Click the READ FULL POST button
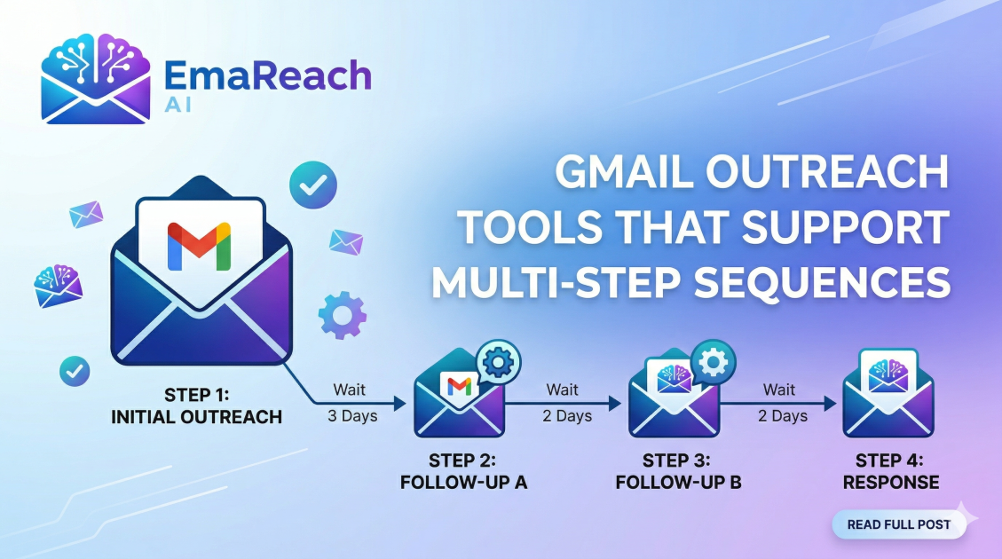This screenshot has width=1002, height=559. [898, 524]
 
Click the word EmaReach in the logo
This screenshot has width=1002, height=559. [266, 76]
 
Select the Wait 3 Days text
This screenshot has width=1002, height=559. [352, 402]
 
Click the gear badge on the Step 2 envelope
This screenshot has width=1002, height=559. [498, 361]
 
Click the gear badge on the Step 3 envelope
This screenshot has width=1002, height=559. [712, 362]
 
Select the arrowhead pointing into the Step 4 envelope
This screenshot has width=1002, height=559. [831, 403]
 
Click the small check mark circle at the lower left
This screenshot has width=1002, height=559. [75, 370]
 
